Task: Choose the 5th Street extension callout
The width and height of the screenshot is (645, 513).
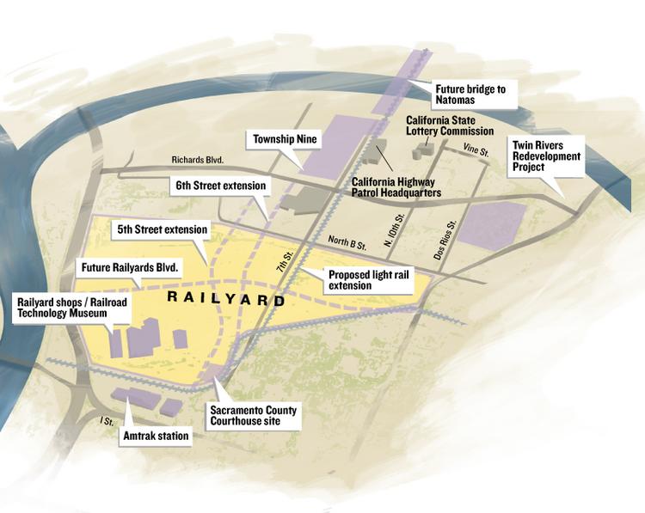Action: click(163, 230)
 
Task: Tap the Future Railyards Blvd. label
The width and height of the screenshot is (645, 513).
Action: click(129, 268)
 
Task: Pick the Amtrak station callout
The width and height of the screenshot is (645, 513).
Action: click(156, 437)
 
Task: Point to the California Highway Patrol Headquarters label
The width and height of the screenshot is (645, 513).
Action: click(396, 188)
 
